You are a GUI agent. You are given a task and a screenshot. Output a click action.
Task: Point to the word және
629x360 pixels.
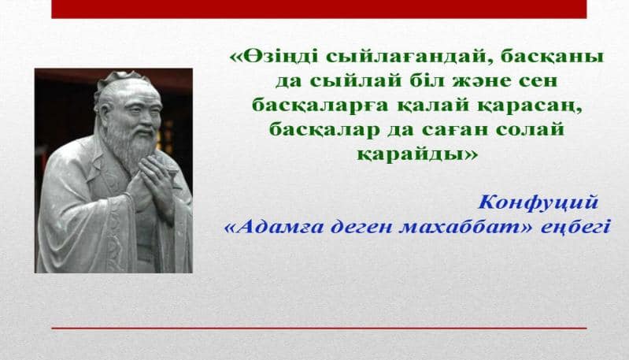pos(484,80)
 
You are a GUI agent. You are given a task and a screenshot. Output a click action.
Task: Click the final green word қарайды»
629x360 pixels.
pos(417,154)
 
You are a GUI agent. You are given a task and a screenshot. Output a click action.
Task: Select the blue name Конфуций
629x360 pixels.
pos(538,203)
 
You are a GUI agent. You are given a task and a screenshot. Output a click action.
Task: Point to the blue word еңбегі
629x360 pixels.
pos(575,228)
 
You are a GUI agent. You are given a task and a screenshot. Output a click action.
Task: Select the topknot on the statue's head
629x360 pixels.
pos(122,78)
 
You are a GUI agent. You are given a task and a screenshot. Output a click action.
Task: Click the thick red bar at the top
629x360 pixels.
pos(319,9)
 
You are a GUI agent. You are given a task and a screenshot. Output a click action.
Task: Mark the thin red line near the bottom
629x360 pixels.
pos(319,328)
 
